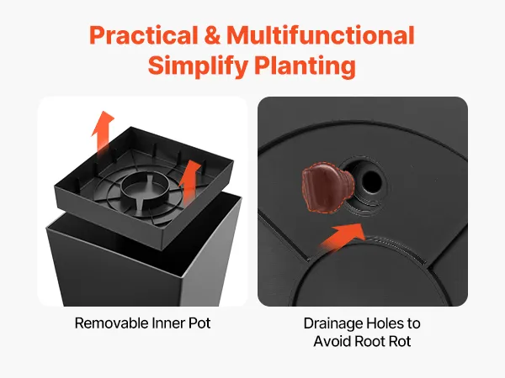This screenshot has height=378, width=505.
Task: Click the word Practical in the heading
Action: (x=143, y=35)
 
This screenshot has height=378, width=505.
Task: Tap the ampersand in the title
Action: (x=212, y=35)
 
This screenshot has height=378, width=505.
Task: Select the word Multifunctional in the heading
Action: (x=321, y=34)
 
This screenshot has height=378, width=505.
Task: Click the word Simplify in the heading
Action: (x=198, y=66)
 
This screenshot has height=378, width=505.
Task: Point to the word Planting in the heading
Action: (x=305, y=66)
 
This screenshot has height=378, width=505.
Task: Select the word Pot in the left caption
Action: (x=199, y=323)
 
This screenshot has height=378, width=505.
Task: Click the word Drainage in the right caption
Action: (x=332, y=323)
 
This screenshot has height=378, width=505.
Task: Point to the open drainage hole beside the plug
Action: (x=371, y=181)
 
